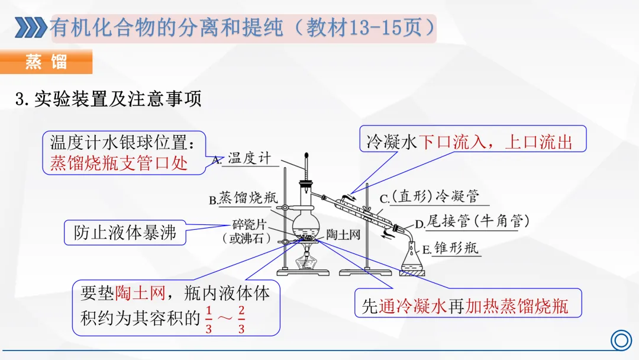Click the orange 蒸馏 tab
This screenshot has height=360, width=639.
pos(46,62)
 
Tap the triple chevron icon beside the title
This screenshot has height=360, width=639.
pos(30,27)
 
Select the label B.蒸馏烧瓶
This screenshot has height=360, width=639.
pos(243,198)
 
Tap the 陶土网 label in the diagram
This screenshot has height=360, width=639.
pos(343,234)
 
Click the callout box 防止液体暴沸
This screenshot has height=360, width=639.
pos(125,233)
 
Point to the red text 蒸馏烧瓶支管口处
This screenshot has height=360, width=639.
pos(118,163)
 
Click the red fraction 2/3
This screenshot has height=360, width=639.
pos(241,320)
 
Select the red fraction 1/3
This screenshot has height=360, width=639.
pos(208,320)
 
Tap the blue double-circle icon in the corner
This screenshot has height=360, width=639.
pos(620,340)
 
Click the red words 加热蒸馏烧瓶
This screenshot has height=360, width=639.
pos(516,306)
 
